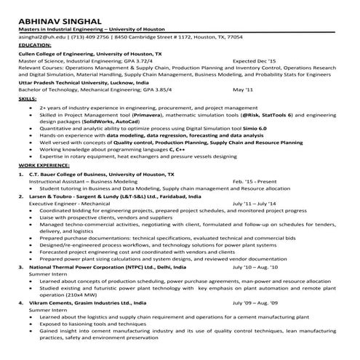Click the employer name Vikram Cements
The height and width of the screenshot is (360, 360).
[49, 302]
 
